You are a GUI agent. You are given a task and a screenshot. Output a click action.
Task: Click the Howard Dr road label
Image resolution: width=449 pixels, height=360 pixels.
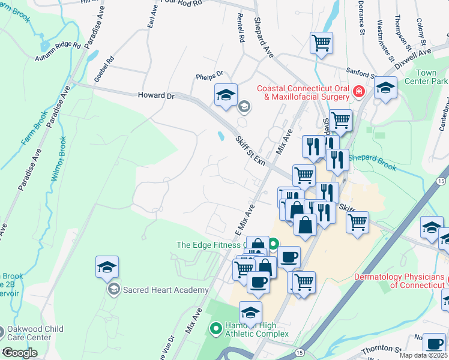[155, 95]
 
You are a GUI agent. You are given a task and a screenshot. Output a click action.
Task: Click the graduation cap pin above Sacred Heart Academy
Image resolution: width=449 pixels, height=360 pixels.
[107, 267]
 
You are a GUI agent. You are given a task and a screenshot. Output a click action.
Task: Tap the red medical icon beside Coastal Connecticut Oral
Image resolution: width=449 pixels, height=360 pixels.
[358, 91]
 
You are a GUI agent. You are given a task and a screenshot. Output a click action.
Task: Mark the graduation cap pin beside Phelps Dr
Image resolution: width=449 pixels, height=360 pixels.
[226, 95]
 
